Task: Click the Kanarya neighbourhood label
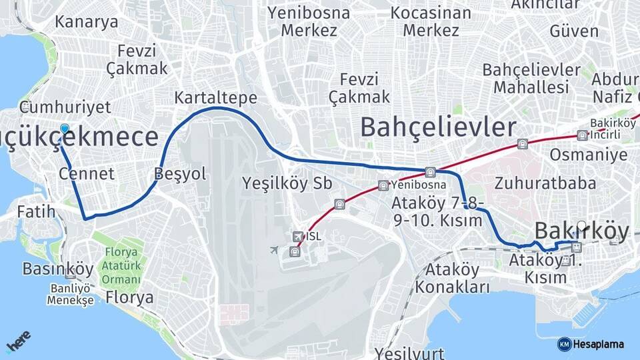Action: click(x=87, y=21)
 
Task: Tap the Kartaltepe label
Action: click(x=215, y=97)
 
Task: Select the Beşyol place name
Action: click(x=180, y=174)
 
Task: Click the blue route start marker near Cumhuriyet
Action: click(x=64, y=129)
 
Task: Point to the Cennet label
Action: click(x=87, y=174)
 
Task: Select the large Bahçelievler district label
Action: click(x=438, y=127)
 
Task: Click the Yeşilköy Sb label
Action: click(x=287, y=183)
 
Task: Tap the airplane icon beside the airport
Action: click(x=274, y=250)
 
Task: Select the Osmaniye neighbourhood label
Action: click(x=588, y=155)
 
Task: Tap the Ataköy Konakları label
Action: click(x=452, y=279)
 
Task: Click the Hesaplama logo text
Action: click(x=598, y=344)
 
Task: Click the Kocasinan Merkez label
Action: click(x=431, y=21)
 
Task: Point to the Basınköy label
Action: click(x=58, y=269)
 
